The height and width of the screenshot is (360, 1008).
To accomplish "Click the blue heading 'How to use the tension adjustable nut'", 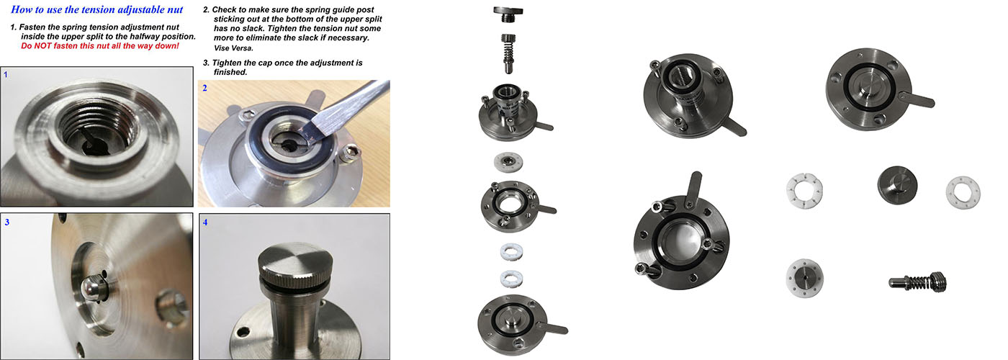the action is (x=96, y=9).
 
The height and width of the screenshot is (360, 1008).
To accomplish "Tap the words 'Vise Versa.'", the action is (x=233, y=48).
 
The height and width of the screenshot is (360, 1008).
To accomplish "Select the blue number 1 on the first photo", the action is (x=6, y=75).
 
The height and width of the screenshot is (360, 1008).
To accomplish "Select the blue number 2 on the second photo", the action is (x=204, y=88).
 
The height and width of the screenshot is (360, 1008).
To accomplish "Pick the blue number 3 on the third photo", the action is (x=6, y=222).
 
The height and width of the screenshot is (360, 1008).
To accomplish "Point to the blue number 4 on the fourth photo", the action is (x=205, y=222).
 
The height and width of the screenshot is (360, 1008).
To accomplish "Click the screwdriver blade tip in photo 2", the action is (x=310, y=131).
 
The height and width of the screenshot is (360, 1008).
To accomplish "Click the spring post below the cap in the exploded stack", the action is (x=508, y=53).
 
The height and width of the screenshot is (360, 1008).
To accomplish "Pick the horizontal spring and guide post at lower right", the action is (x=917, y=282).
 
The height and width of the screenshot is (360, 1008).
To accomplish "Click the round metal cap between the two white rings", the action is (x=897, y=185).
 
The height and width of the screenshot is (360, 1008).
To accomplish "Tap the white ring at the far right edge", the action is (x=963, y=192).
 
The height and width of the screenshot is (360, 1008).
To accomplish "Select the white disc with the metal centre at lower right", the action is (x=805, y=279).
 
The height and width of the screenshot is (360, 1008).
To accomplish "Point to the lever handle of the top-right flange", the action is (x=917, y=99).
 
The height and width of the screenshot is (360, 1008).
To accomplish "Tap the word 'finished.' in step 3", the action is (x=230, y=72).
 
